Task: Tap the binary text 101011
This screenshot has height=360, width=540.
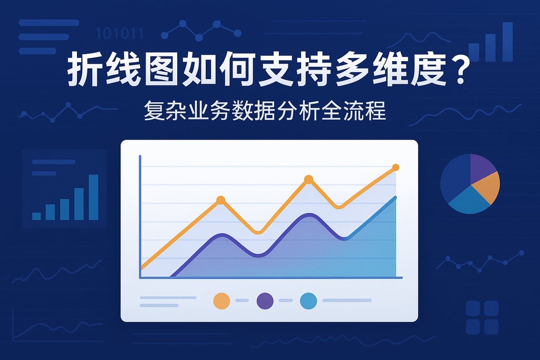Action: [x=119, y=34]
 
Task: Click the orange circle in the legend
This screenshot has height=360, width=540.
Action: [x=221, y=300]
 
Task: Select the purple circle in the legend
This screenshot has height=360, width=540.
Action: [x=265, y=300]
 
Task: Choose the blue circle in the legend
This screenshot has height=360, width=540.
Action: [x=308, y=300]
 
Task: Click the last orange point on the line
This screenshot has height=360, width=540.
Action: [x=396, y=168]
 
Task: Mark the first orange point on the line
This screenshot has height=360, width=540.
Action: [x=221, y=200]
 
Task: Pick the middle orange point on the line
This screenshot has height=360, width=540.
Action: [x=308, y=179]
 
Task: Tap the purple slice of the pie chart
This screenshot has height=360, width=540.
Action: [x=481, y=167]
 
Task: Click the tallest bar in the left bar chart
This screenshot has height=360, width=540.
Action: [x=93, y=197]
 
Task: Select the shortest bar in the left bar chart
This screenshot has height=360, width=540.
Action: [x=36, y=216]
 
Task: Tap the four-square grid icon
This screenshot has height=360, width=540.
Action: [x=482, y=317]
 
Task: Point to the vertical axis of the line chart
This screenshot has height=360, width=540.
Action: [x=140, y=216]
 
